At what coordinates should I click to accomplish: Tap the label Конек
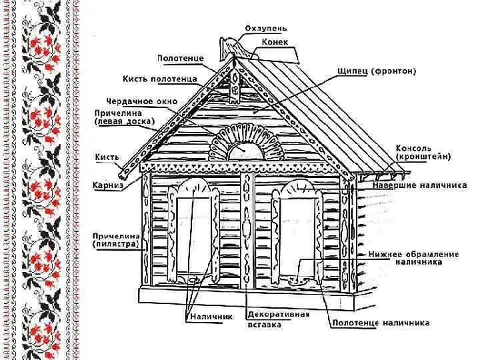(274, 41)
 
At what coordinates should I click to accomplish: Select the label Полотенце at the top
(181, 59)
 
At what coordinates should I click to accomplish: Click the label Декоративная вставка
(279, 319)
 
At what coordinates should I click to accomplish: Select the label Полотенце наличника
(381, 323)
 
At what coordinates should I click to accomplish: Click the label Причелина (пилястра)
(116, 240)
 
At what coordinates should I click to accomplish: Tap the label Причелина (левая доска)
(123, 117)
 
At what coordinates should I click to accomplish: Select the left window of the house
(195, 230)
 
